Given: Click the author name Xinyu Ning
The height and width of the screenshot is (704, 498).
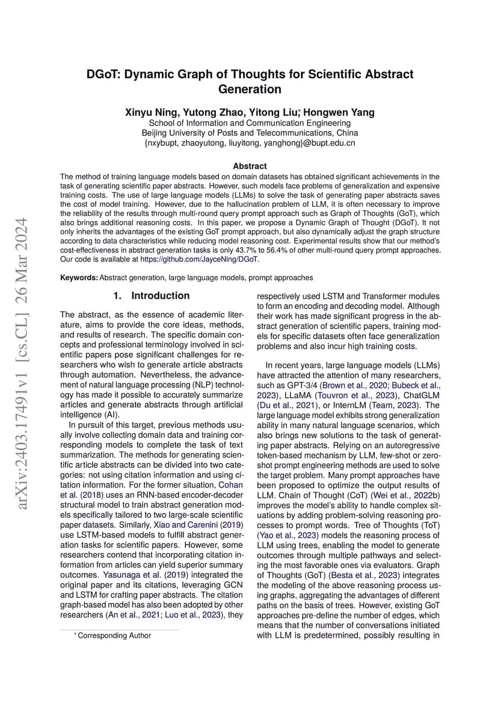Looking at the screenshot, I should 150,112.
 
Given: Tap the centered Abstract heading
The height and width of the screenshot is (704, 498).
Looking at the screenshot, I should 250,166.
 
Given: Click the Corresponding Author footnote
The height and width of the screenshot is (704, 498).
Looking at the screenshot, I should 114,635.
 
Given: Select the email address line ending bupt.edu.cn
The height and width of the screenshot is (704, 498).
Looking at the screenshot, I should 250,143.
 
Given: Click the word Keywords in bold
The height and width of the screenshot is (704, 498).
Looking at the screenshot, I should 79,278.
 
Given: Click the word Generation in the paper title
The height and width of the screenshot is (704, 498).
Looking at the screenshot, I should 249,90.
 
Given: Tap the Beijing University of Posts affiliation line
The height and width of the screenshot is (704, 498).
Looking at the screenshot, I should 250,132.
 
